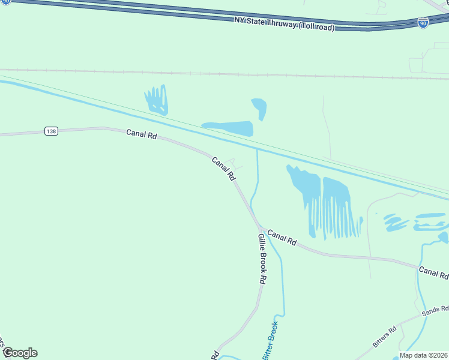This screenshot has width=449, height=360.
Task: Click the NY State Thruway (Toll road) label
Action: tap(283, 24)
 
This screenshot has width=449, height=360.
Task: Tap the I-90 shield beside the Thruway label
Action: tap(423, 23)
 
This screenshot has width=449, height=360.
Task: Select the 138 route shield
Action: tap(51, 131)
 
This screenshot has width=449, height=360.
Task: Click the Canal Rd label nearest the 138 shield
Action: tap(142, 134)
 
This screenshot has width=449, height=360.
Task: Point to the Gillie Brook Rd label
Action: tap(262, 259)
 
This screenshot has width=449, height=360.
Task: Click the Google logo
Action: tap(20, 353)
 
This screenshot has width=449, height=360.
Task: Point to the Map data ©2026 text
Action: tap(424, 355)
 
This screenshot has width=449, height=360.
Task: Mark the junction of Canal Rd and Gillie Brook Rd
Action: tap(259, 229)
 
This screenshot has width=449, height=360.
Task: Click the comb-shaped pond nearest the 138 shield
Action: tap(157, 100)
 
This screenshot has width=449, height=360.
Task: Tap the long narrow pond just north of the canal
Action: tap(228, 128)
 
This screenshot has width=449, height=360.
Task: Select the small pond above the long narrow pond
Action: tap(259, 108)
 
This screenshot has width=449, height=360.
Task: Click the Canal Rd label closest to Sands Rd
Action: tap(433, 273)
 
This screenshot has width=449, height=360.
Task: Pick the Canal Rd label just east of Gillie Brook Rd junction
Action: tap(282, 238)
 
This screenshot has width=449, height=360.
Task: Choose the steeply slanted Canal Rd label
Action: tap(223, 169)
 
